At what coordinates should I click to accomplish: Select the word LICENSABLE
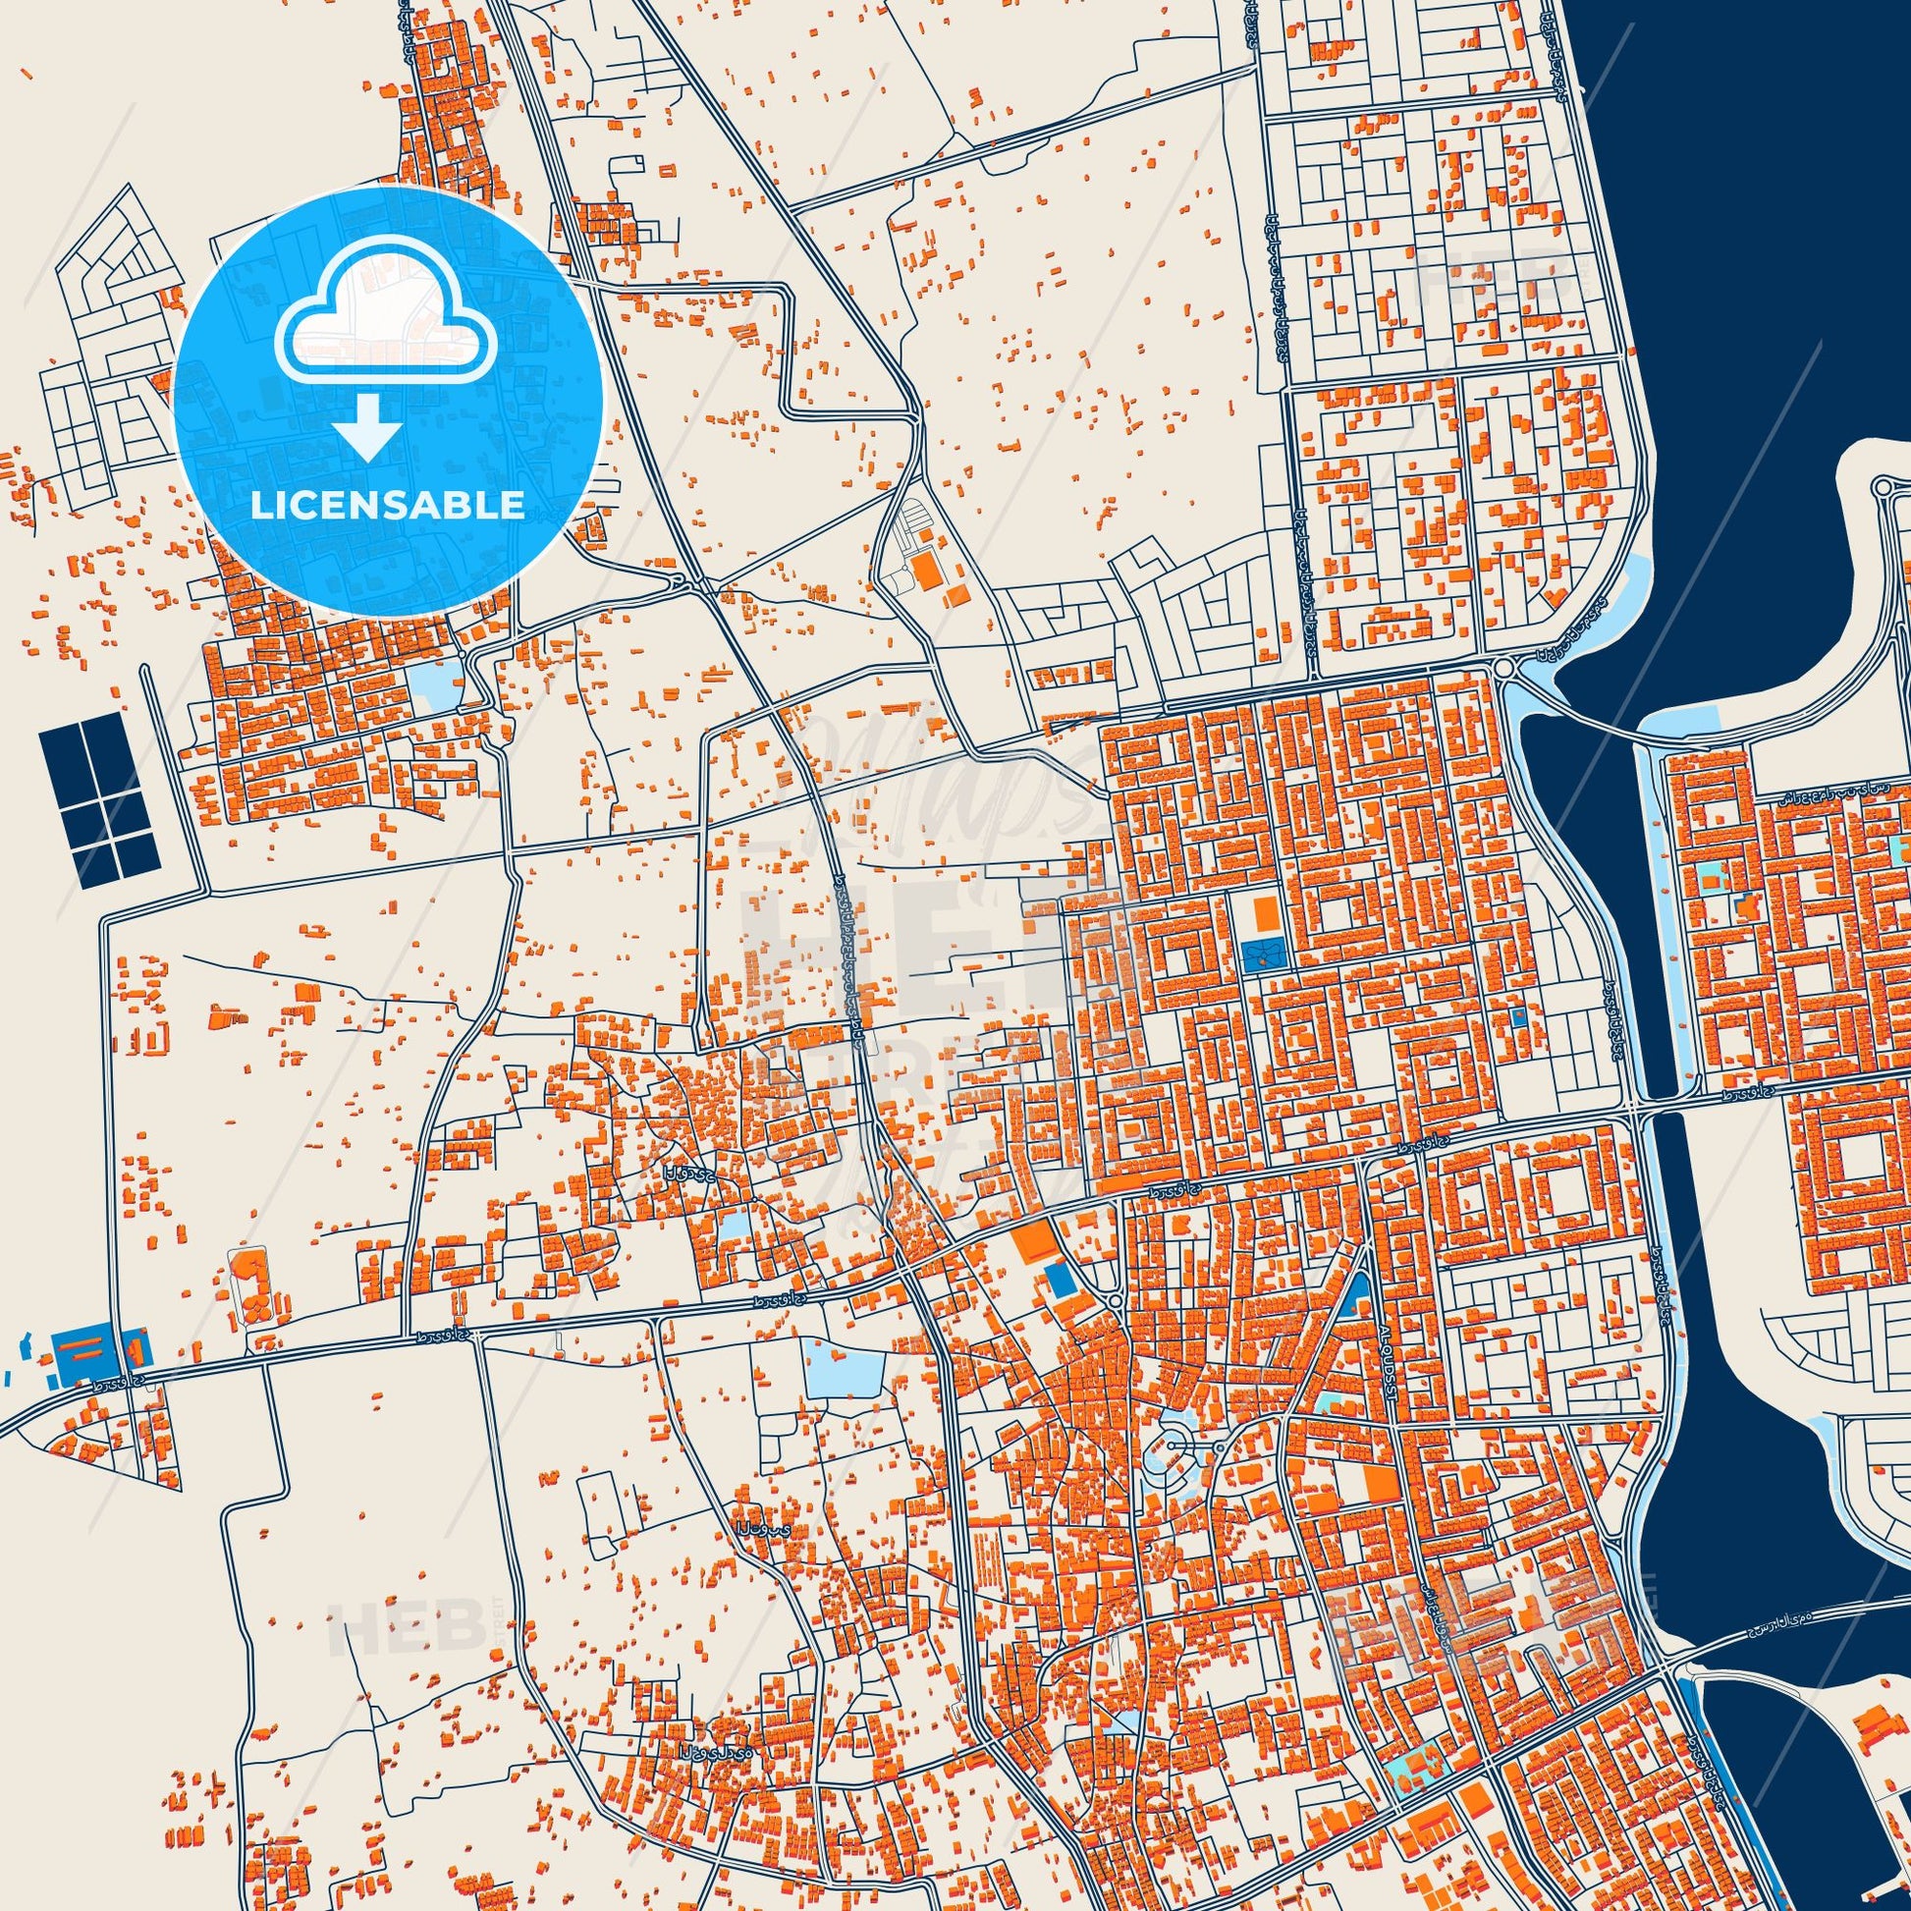click(388, 506)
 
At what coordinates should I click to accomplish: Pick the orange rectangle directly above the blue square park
click(1264, 912)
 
